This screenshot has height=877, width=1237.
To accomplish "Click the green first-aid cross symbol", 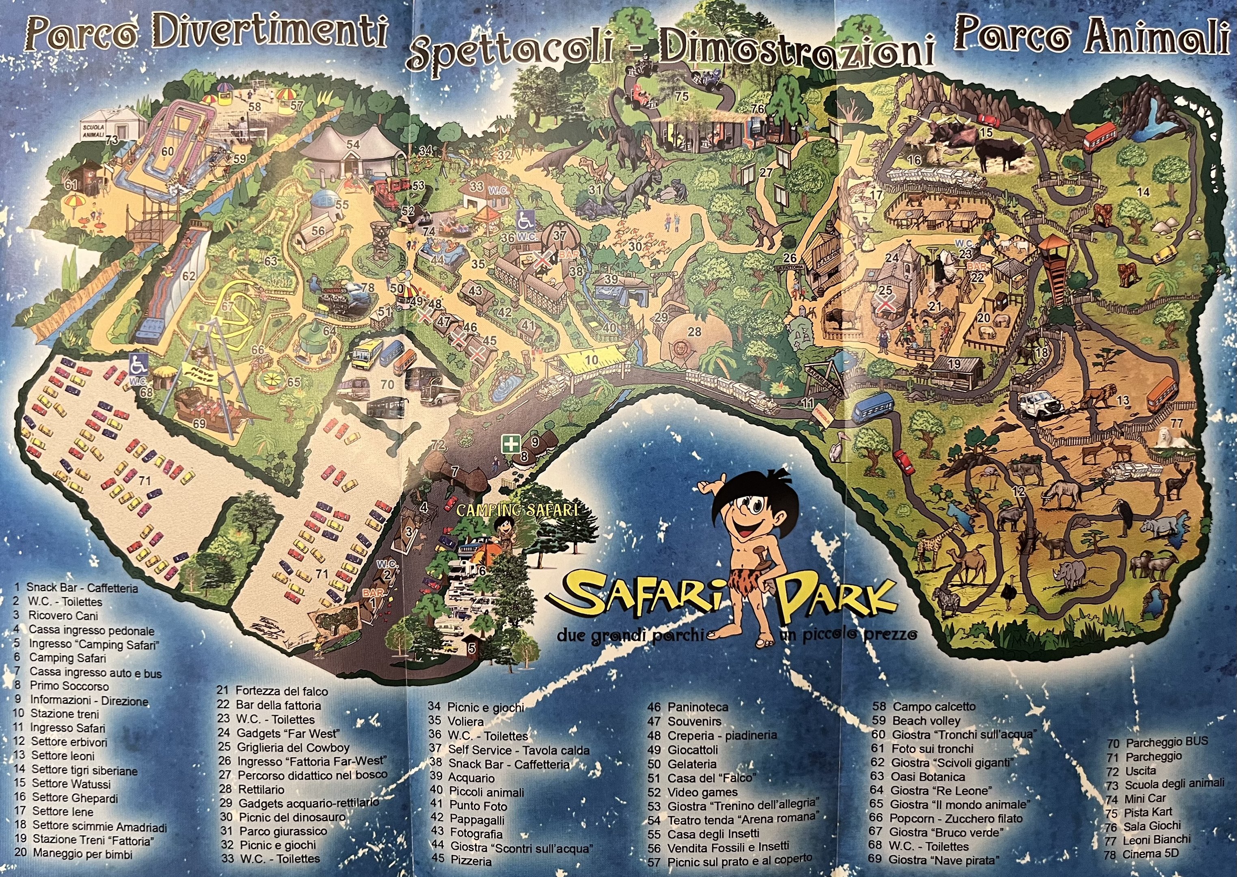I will click(x=510, y=445).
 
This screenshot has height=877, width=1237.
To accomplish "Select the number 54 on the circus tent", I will click(x=353, y=144).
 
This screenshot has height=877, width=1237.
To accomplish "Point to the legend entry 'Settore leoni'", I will click(x=63, y=756).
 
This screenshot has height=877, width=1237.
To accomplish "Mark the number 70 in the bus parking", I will click(x=387, y=385).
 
